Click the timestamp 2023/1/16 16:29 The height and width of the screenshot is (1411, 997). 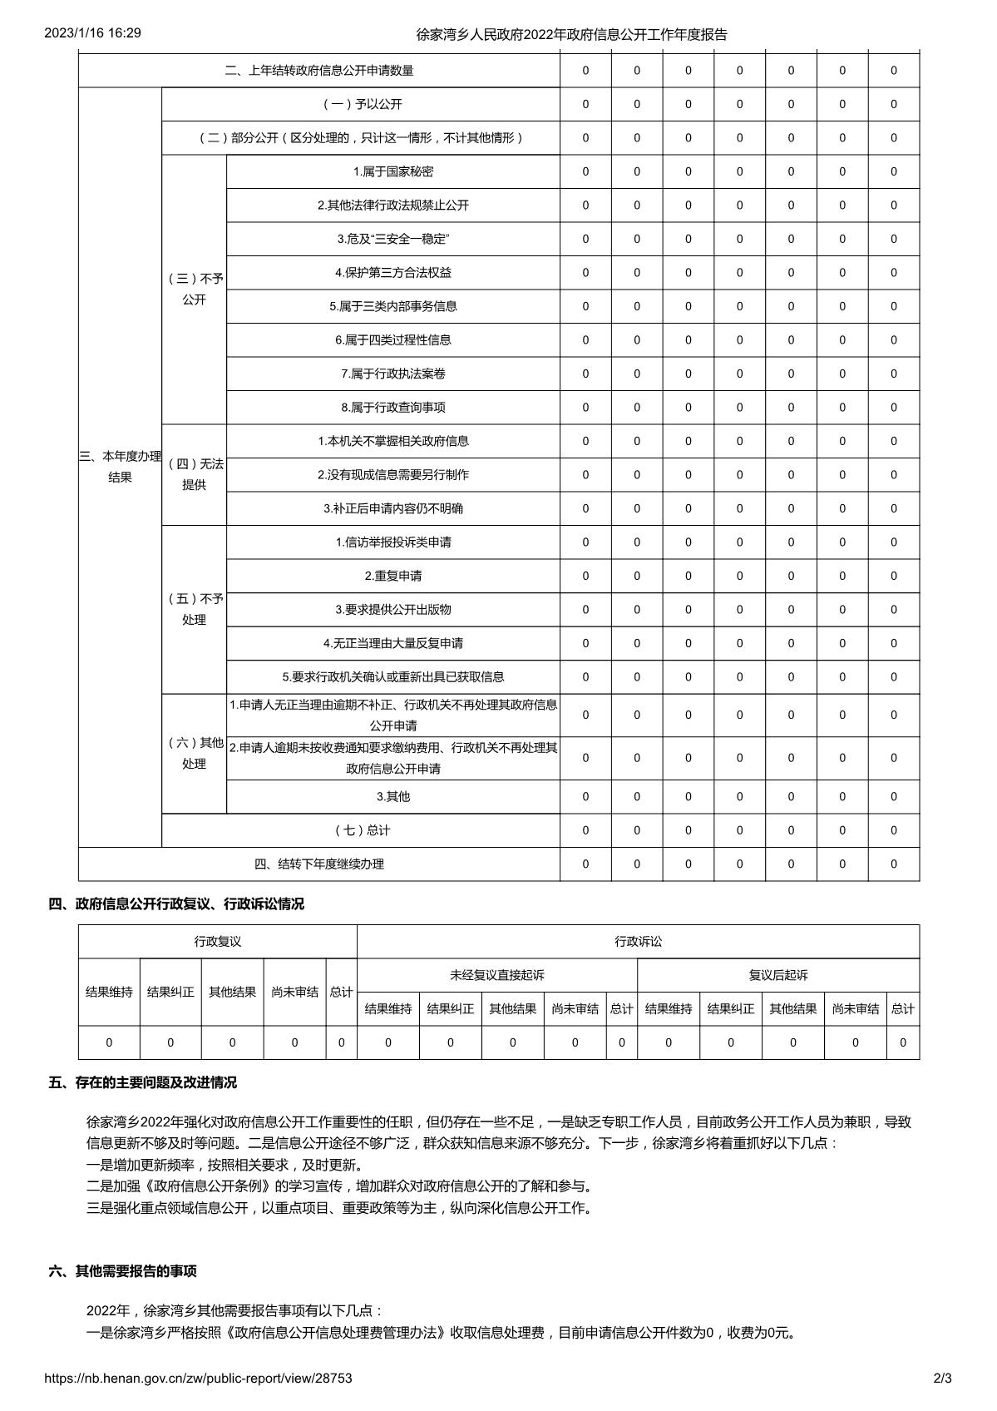point(92,33)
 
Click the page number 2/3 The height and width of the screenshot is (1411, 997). point(942,1378)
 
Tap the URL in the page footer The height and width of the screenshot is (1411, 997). point(198,1378)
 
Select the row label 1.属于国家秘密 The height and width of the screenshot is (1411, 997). point(392,171)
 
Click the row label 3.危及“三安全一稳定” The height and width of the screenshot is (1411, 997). point(392,239)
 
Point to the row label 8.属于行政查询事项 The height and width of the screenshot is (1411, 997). point(392,407)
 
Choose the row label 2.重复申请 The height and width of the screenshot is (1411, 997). point(392,576)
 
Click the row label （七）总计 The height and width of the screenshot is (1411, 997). point(361,830)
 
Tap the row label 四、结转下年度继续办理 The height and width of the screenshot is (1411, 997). point(318,864)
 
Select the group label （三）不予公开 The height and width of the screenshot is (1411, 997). point(194,289)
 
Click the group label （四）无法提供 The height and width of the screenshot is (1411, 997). point(194,474)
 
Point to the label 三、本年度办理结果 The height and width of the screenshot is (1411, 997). point(120,467)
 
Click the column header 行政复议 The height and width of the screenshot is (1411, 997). point(217,941)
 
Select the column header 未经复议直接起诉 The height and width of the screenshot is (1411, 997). point(496,974)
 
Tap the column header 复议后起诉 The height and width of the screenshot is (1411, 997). point(777,974)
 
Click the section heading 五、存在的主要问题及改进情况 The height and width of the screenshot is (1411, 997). point(142,1082)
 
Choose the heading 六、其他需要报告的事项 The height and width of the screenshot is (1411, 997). point(122,1271)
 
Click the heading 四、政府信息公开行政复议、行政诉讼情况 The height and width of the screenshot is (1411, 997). point(175,904)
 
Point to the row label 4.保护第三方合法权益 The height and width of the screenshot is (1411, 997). point(392,272)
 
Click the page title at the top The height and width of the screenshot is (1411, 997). point(571,35)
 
